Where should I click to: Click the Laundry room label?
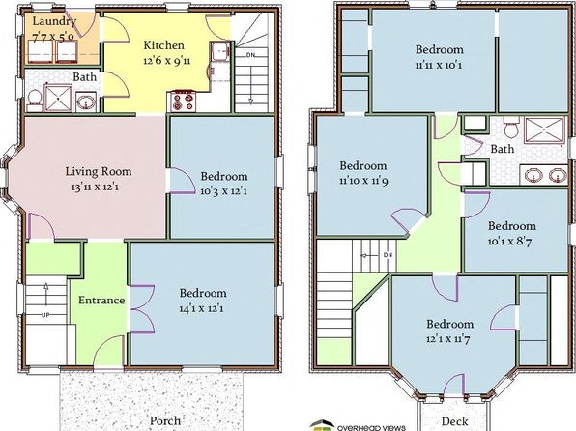[x=54, y=21]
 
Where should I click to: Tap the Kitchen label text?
[x=163, y=45]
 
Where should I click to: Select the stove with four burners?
[x=183, y=101]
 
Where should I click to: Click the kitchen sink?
[x=220, y=51]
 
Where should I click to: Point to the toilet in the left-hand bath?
[x=35, y=100]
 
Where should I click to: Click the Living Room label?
[x=99, y=172]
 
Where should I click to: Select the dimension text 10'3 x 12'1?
[x=223, y=191]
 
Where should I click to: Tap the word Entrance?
[x=101, y=301]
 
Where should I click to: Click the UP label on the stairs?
[x=46, y=315]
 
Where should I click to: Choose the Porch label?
[x=165, y=420]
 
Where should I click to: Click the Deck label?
[x=455, y=421]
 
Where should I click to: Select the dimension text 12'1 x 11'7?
[x=448, y=339]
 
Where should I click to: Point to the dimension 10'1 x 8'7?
[x=510, y=242]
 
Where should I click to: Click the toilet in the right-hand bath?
[x=510, y=127]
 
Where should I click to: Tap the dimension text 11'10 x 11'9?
[x=363, y=181]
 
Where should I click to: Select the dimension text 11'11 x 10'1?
[x=439, y=66]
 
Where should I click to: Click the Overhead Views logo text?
[x=371, y=428]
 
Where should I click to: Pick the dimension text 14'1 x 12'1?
[x=201, y=308]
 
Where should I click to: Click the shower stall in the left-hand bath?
[x=58, y=98]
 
